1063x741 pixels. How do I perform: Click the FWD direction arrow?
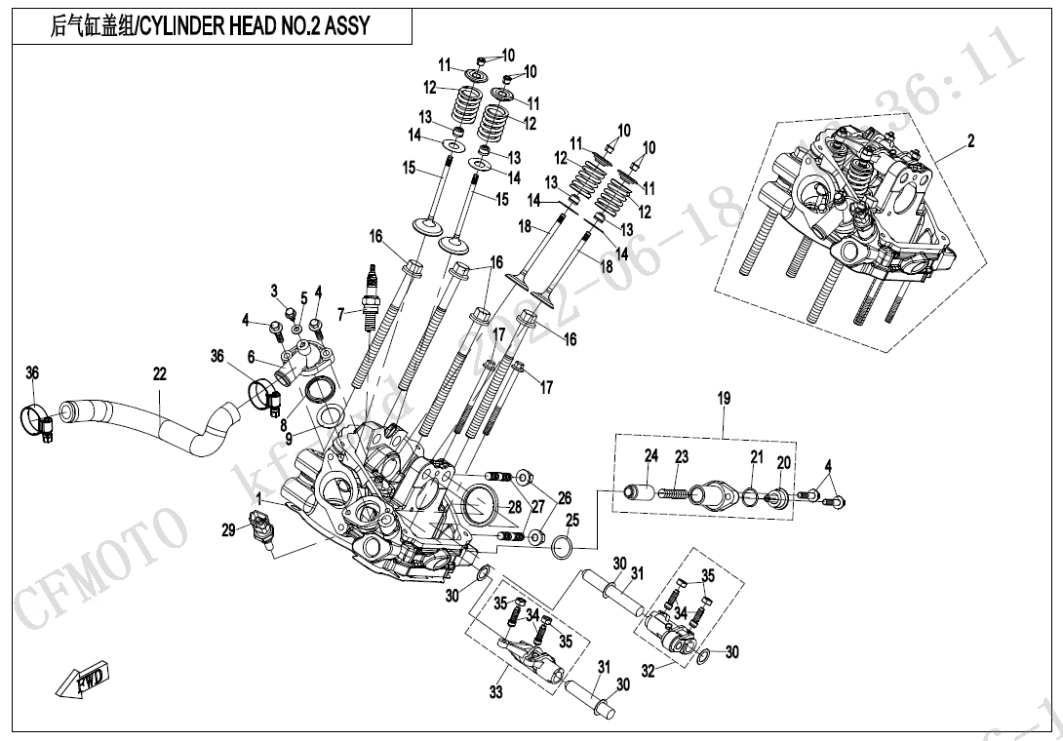(82, 680)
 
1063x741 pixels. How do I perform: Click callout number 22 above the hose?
(159, 373)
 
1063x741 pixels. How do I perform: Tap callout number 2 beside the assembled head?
(970, 142)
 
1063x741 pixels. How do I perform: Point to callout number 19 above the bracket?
(724, 398)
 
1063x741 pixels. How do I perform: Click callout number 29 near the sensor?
(228, 530)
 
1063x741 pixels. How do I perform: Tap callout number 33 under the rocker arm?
(496, 692)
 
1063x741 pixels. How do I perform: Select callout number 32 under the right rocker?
(648, 670)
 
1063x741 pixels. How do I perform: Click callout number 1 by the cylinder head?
(258, 499)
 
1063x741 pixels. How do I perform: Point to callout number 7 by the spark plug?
(341, 314)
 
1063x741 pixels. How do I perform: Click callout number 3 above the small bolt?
(274, 291)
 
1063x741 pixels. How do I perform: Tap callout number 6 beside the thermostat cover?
(251, 358)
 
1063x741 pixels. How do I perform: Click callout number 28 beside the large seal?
(514, 506)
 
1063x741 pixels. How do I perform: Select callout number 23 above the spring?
(681, 456)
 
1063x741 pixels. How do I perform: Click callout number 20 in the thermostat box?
(783, 462)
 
